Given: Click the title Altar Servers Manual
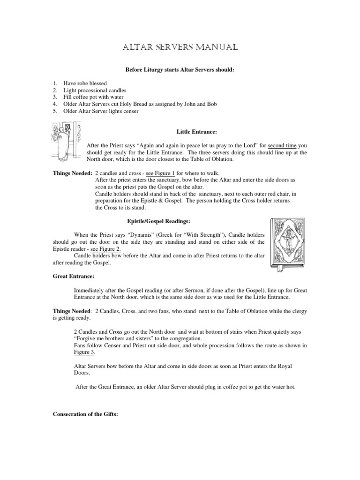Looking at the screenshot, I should (180, 47).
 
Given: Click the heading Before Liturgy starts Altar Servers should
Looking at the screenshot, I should (180, 70).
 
